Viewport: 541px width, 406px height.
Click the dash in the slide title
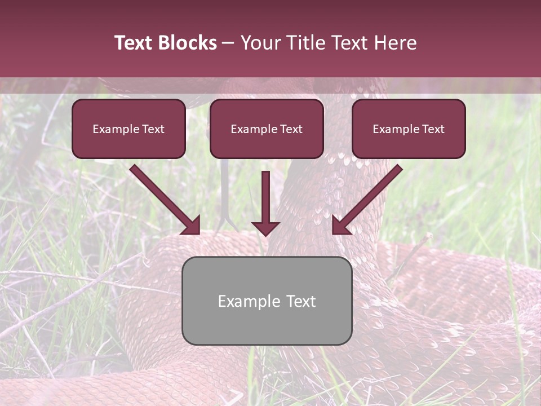(228, 43)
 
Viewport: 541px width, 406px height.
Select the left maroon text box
(128, 129)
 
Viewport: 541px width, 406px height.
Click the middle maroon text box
(267, 129)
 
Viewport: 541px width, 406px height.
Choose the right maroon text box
(409, 129)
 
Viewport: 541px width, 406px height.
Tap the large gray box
(267, 301)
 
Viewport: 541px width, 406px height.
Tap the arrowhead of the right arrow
(340, 226)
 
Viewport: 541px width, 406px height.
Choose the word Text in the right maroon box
(433, 129)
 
